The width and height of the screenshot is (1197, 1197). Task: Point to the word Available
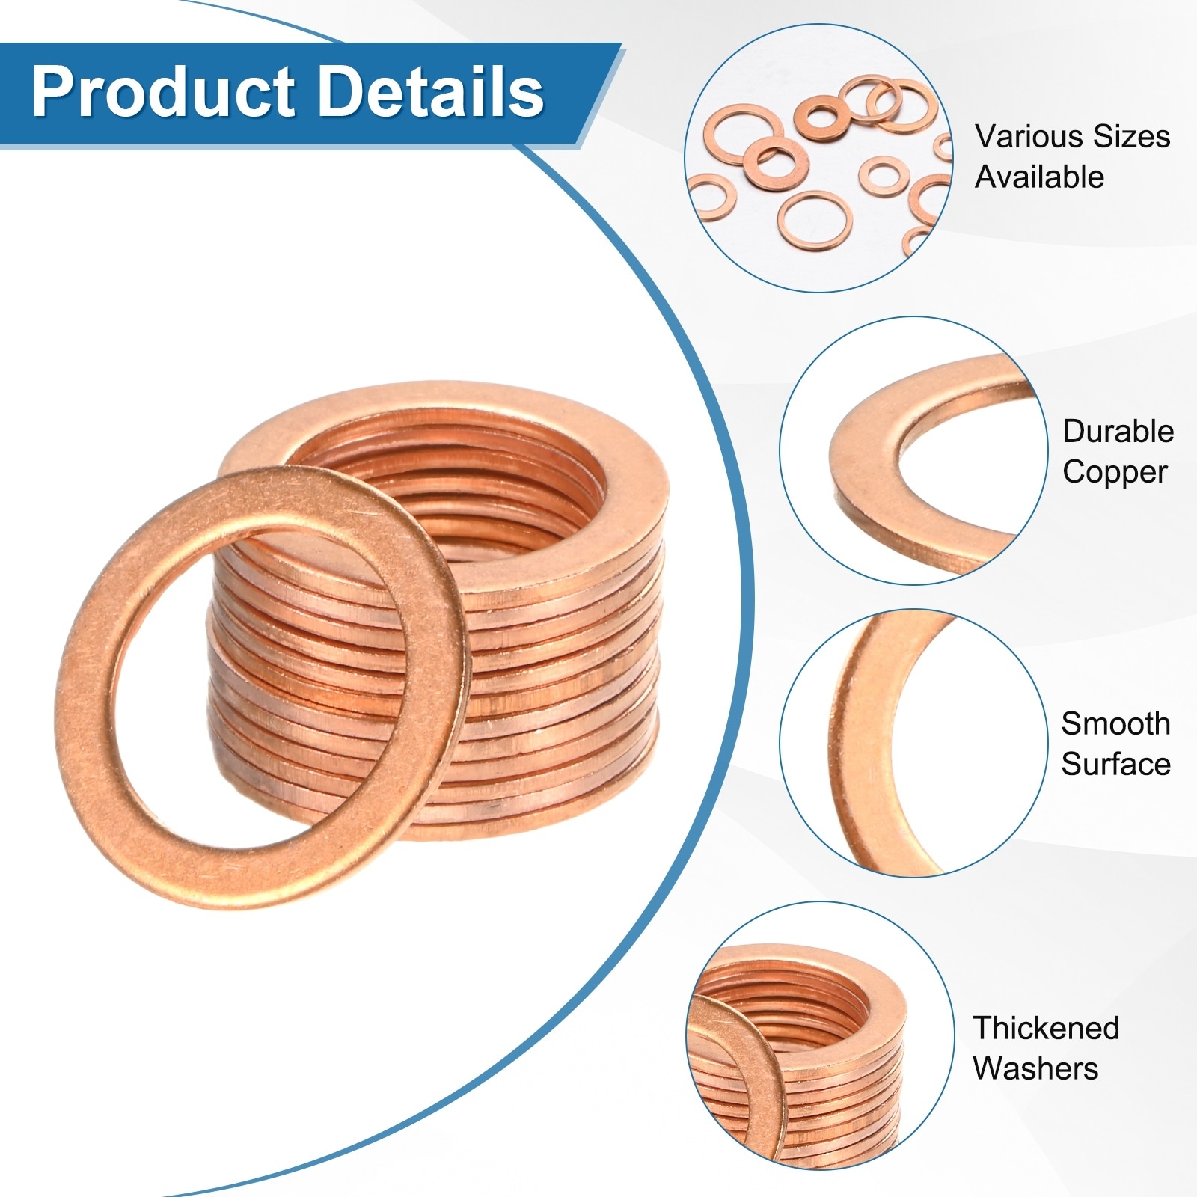point(1039,177)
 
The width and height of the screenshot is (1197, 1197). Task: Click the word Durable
point(1118,432)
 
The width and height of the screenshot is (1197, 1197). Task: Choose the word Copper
point(1115,472)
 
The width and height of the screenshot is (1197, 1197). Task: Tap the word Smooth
point(1115,723)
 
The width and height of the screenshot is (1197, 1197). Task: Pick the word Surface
point(1115,764)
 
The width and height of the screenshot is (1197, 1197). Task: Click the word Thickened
point(1046,1028)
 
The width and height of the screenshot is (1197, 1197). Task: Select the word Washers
point(1035,1068)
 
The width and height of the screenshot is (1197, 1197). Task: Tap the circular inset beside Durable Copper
point(913,451)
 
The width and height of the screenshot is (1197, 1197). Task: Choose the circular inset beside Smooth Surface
point(913,743)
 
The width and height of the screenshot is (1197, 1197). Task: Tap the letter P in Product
point(52,93)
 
